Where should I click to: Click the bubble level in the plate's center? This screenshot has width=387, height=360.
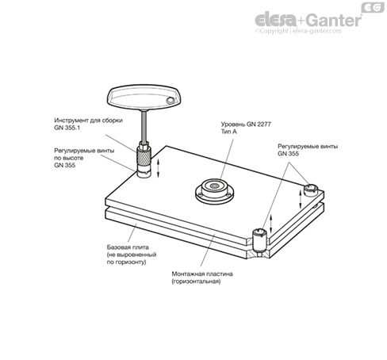coord(214,191)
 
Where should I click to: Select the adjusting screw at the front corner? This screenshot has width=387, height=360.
coord(259,239)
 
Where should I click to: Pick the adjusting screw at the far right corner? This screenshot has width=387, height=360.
coord(310,190)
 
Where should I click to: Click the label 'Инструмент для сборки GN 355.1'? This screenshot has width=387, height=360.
coord(88,124)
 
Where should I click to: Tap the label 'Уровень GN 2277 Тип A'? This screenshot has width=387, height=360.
coord(246,128)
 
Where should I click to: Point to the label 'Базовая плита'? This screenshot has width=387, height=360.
coord(128,247)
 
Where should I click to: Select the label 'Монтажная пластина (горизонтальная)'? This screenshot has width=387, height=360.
coord(202,278)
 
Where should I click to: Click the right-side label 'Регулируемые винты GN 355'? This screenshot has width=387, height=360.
coord(308,150)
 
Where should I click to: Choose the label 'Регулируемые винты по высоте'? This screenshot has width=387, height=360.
coord(84,154)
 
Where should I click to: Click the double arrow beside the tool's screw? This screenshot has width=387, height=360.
coord(159,168)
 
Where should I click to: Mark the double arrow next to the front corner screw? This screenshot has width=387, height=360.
coord(271,224)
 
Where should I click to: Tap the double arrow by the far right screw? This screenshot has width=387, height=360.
coord(301,199)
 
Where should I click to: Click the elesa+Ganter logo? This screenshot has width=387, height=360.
coord(308,20)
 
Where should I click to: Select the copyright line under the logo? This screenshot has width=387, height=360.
coord(298,31)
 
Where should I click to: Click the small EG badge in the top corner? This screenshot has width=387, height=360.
coord(373,7)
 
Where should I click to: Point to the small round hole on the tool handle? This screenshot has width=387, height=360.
coord(170,101)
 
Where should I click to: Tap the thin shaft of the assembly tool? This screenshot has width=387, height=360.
coord(144,126)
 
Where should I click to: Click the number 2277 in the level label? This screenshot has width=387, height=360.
coord(263,124)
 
